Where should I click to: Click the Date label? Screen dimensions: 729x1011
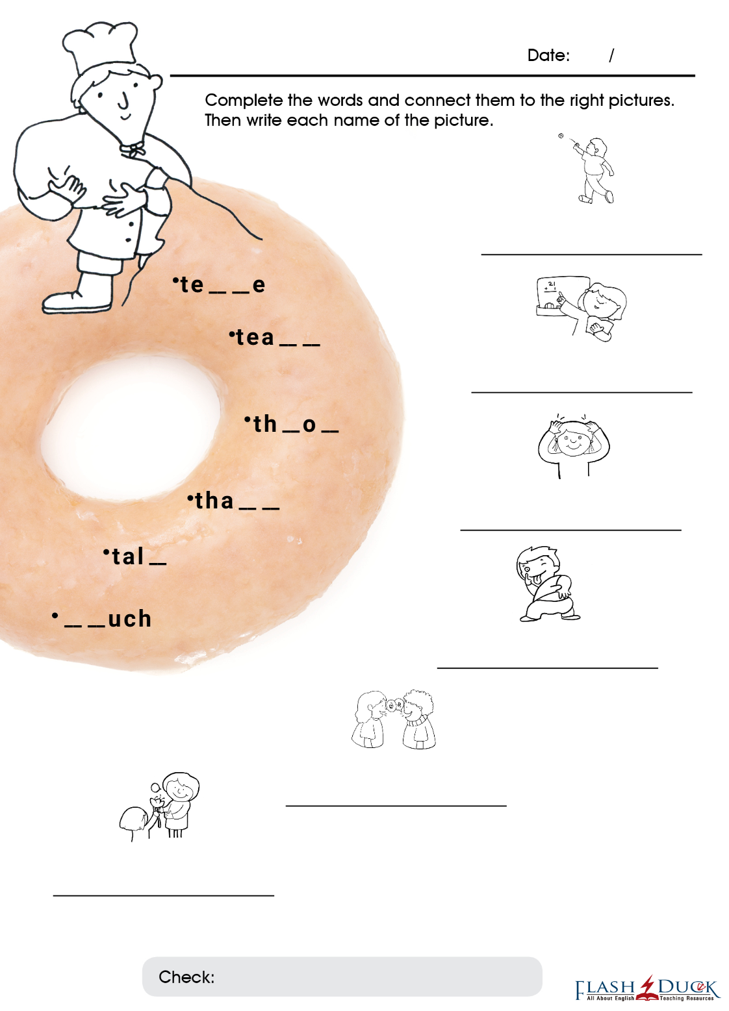(548, 55)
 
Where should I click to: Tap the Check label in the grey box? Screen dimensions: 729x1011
(186, 977)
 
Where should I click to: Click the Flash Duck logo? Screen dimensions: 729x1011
(646, 989)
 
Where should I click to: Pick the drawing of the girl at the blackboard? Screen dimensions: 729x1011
(582, 308)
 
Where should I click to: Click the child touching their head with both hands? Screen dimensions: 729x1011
(574, 445)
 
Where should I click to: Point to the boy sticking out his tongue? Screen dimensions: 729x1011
(548, 584)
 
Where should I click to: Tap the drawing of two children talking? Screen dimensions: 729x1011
(393, 719)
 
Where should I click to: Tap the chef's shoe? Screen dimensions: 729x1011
(77, 303)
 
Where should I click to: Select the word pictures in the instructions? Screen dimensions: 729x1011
(641, 101)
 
